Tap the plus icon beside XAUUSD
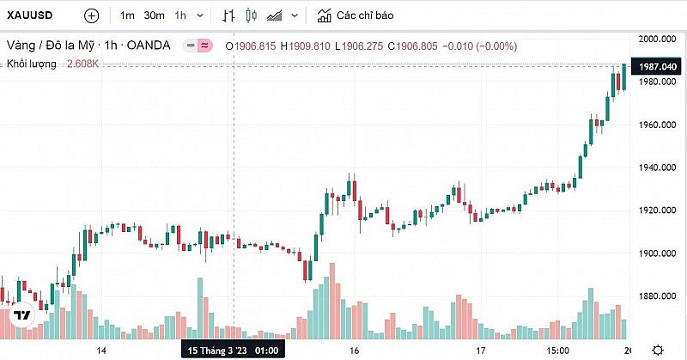(92, 15)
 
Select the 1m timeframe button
(127, 15)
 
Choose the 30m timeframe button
(154, 15)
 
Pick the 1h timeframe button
(180, 15)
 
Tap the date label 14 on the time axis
(101, 351)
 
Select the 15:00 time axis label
(557, 351)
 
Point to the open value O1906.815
(251, 45)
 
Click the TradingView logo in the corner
(22, 315)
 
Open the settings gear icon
(657, 350)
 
